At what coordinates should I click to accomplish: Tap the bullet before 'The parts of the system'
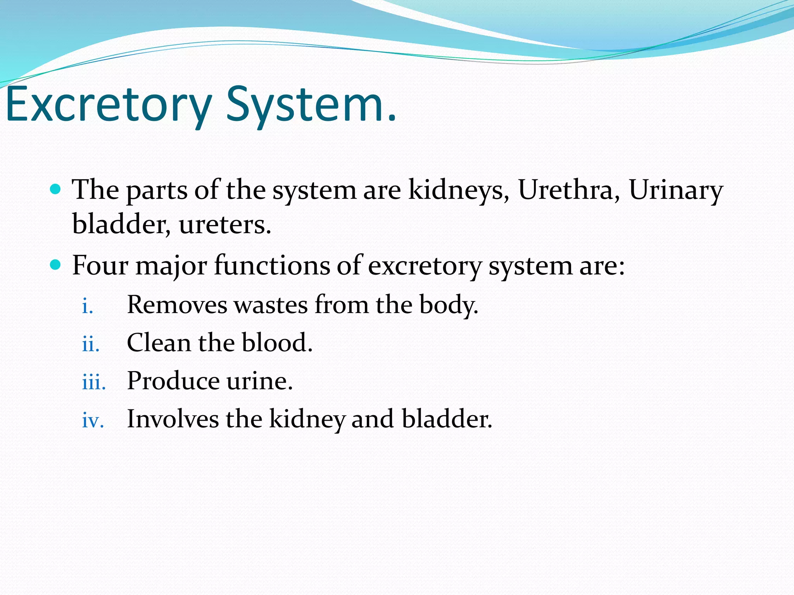tap(56, 189)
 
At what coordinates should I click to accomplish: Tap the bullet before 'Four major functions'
tap(56, 265)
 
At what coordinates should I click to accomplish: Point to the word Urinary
tap(675, 191)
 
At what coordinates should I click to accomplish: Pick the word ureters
tap(225, 225)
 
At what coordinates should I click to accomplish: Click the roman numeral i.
tap(88, 306)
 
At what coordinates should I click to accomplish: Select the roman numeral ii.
tap(91, 344)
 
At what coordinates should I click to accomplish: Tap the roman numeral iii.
tap(94, 382)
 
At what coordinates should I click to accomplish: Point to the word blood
tap(277, 342)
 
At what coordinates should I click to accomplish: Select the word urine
tap(259, 381)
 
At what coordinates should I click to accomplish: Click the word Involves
tap(173, 419)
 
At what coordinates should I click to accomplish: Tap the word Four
tap(100, 266)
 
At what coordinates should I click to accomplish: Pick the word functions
tap(272, 266)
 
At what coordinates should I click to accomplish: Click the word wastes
tap(271, 305)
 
